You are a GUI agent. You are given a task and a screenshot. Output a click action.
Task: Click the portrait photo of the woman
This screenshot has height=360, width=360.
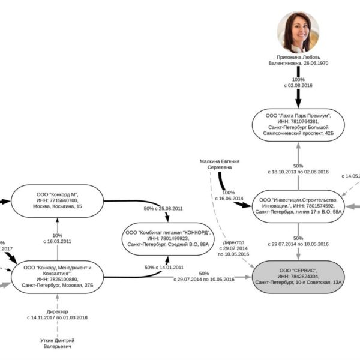coord(298,31)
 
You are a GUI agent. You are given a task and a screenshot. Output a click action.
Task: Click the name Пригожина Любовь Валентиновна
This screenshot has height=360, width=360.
coord(298,59)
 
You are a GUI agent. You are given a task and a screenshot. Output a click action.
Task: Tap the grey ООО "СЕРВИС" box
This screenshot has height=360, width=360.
coord(298,277)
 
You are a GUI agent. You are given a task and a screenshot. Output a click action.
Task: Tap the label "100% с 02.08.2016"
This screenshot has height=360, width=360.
coord(297,83)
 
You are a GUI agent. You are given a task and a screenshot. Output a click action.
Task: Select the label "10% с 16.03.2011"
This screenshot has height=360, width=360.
coord(58,238)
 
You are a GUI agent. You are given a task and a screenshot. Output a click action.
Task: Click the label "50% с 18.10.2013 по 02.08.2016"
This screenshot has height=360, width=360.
coord(298,169)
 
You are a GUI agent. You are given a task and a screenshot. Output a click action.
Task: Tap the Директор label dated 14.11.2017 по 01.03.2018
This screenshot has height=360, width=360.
coord(58,314)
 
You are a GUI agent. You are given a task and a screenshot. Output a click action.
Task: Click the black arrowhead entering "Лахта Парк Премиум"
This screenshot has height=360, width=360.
coord(298,103)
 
